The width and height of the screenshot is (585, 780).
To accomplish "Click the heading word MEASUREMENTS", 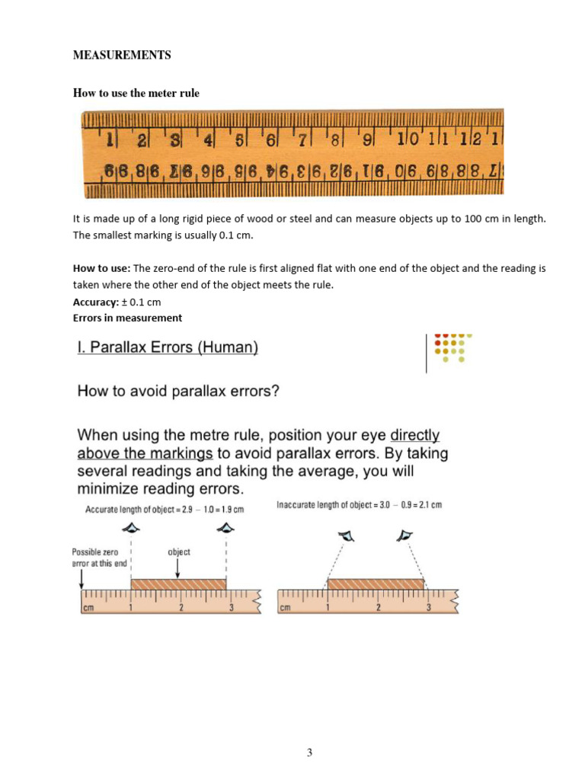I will (122, 56).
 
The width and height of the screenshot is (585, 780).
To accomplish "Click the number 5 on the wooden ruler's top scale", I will (239, 140).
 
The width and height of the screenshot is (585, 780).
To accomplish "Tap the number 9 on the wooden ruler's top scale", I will (367, 140).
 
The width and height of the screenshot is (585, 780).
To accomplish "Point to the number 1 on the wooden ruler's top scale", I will (110, 140).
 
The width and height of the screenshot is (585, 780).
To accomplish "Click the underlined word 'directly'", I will (415, 436).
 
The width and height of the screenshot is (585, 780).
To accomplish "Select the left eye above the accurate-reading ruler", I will (132, 528).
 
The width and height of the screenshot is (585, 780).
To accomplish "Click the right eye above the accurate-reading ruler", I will (225, 528).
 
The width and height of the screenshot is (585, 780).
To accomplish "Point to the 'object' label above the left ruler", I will (179, 551).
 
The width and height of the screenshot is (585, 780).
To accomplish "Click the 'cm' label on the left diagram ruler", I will (89, 608).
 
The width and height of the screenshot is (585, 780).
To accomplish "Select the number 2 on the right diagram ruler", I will (378, 608).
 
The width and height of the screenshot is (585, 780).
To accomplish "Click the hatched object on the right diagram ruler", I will (376, 583).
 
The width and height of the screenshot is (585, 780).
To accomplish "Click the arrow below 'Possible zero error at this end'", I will (82, 580).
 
